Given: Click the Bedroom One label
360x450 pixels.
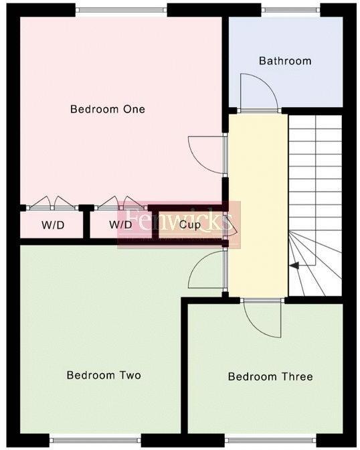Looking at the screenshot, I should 108,109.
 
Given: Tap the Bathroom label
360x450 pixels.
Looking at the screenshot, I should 285,61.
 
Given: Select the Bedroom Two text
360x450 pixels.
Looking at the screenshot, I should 104,375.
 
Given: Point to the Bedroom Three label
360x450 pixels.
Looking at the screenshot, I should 270,376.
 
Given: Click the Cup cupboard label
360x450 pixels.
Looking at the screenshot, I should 189,224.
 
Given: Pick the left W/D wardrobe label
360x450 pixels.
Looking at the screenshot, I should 53,224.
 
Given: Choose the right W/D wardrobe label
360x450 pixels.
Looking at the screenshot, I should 120,224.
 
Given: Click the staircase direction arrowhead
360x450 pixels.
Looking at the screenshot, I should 293,266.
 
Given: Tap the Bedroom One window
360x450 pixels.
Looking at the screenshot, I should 121,9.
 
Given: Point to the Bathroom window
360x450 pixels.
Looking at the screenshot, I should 290,9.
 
